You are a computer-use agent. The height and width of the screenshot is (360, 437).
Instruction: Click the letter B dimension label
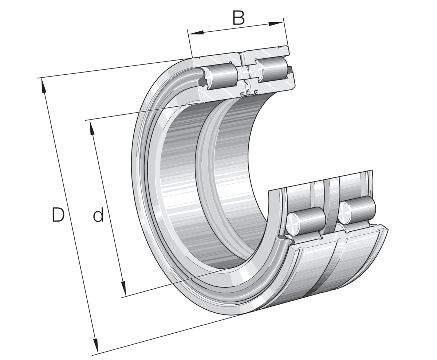(x=239, y=18)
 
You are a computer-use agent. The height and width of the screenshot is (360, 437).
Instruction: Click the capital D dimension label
(x=58, y=215)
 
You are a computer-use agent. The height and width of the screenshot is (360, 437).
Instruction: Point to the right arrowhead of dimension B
(x=276, y=24)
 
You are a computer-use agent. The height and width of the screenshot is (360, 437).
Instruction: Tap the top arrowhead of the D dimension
(x=43, y=85)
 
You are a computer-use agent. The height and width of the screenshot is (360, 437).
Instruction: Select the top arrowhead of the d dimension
(x=92, y=128)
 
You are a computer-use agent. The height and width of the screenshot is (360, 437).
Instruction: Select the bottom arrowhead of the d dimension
(x=123, y=288)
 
